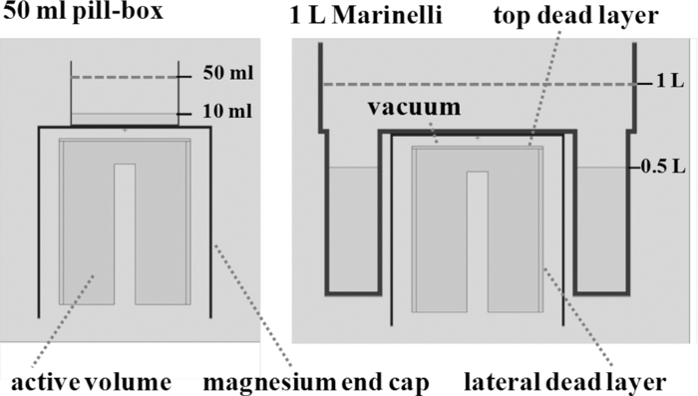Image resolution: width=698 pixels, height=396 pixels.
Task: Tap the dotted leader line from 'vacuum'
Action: pos(432,126)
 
